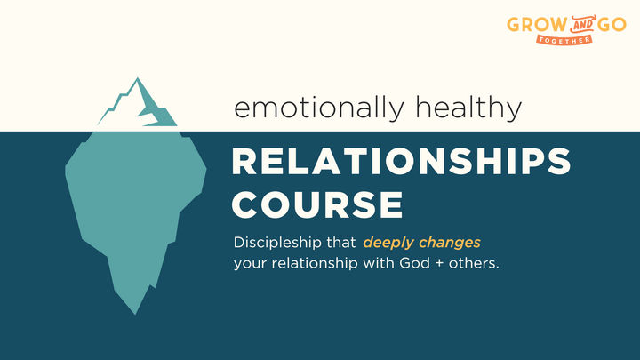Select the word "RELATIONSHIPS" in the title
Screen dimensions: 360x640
pos(400,163)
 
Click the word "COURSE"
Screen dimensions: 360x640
pos(317,204)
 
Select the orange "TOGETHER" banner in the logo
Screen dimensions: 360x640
pos(564,38)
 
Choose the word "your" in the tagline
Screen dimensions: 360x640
pos(249,264)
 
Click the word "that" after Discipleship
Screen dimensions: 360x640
pos(340,242)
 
